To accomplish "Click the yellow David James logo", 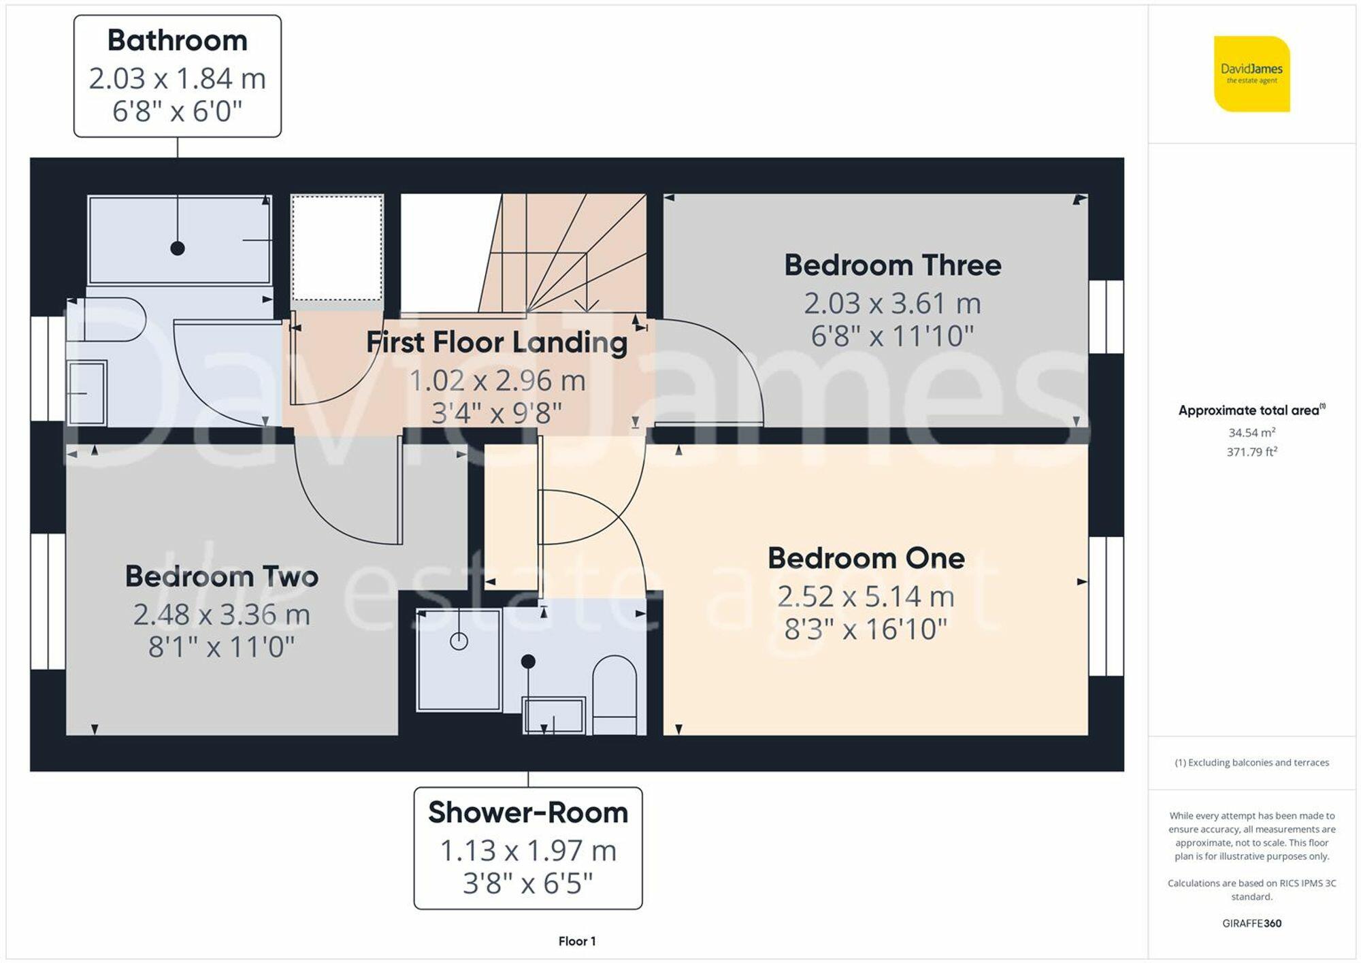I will pyautogui.click(x=1251, y=74).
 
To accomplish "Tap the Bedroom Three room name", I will pyautogui.click(x=892, y=265).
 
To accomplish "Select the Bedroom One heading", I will pyautogui.click(x=866, y=558).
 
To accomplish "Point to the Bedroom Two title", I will pyautogui.click(x=221, y=576).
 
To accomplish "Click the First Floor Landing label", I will pyautogui.click(x=496, y=342).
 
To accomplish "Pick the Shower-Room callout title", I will pyautogui.click(x=527, y=813).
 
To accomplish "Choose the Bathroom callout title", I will pyautogui.click(x=177, y=40).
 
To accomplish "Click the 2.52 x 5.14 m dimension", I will pyautogui.click(x=866, y=596).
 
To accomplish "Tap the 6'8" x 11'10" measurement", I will pyautogui.click(x=892, y=336).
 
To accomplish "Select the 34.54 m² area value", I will pyautogui.click(x=1251, y=432).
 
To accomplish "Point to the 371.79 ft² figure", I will pyautogui.click(x=1251, y=452).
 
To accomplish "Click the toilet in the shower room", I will pyautogui.click(x=614, y=694).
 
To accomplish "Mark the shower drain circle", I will pyautogui.click(x=459, y=640).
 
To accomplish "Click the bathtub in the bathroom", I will pyautogui.click(x=180, y=240).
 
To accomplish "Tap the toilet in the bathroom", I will pyautogui.click(x=106, y=319).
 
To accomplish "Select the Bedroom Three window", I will pyautogui.click(x=1106, y=316).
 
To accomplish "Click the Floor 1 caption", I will pyautogui.click(x=576, y=941).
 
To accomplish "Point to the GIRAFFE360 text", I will pyautogui.click(x=1251, y=924).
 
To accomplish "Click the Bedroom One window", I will pyautogui.click(x=1106, y=606).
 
